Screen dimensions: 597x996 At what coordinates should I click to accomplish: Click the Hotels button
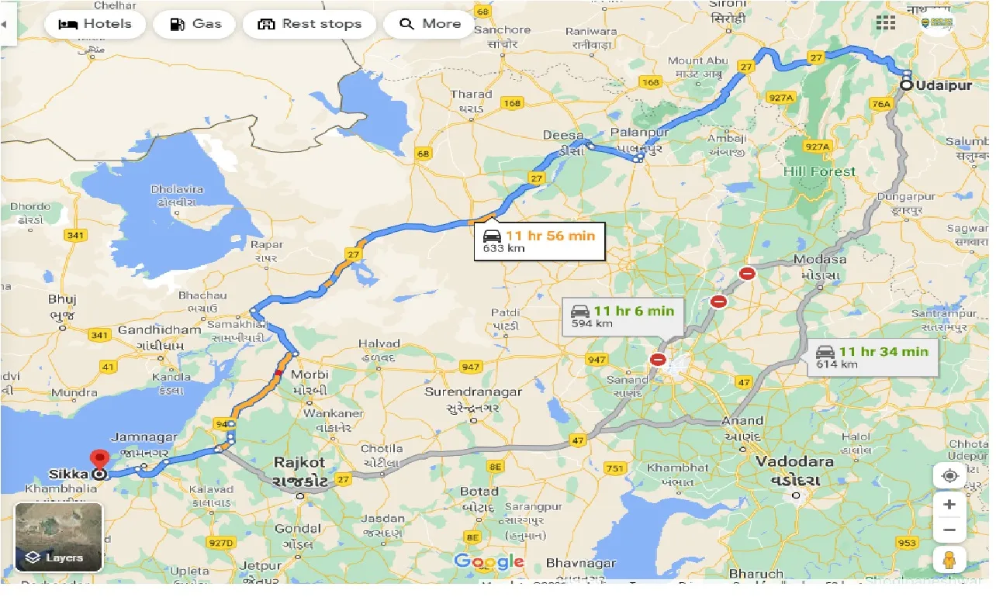(x=95, y=24)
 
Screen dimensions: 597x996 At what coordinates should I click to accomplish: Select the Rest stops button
(x=309, y=24)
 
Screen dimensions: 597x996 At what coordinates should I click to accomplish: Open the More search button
(x=430, y=24)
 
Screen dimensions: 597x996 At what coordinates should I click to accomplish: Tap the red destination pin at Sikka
(x=99, y=461)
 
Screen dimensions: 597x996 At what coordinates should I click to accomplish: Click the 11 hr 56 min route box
(x=539, y=241)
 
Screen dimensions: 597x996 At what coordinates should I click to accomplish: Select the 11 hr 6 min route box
(x=624, y=316)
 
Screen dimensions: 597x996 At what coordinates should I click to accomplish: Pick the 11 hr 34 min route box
(x=872, y=357)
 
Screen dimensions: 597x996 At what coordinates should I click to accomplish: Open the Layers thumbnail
(x=59, y=537)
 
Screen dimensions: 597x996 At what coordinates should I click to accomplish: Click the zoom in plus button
(x=949, y=505)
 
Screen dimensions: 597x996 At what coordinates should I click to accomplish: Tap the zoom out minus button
(x=949, y=531)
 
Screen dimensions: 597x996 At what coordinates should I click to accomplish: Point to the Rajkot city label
(x=299, y=463)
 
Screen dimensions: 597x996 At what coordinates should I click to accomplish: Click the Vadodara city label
(x=795, y=462)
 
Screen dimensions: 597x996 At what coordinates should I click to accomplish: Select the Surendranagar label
(x=472, y=392)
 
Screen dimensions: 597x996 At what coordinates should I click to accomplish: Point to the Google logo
(x=489, y=561)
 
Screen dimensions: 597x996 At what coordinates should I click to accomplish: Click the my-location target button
(x=949, y=474)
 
